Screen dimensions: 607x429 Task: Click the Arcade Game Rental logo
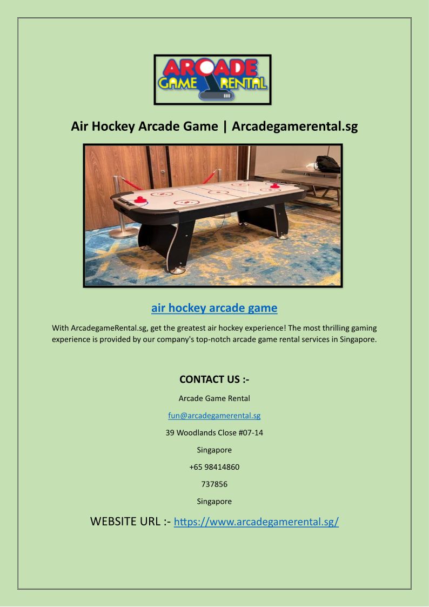click(212, 79)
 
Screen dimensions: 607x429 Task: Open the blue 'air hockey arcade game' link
click(214, 308)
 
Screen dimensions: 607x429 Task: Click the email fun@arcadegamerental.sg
click(214, 416)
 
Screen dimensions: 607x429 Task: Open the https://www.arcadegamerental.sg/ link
click(256, 522)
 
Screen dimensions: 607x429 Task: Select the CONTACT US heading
click(214, 379)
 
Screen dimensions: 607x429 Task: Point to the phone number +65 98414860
click(214, 467)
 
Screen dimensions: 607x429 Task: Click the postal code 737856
click(214, 484)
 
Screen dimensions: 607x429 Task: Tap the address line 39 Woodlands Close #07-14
click(214, 433)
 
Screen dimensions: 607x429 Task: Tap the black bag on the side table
click(328, 164)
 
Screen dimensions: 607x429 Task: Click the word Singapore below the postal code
click(214, 502)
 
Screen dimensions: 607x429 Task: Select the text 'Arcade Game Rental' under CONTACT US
click(214, 399)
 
